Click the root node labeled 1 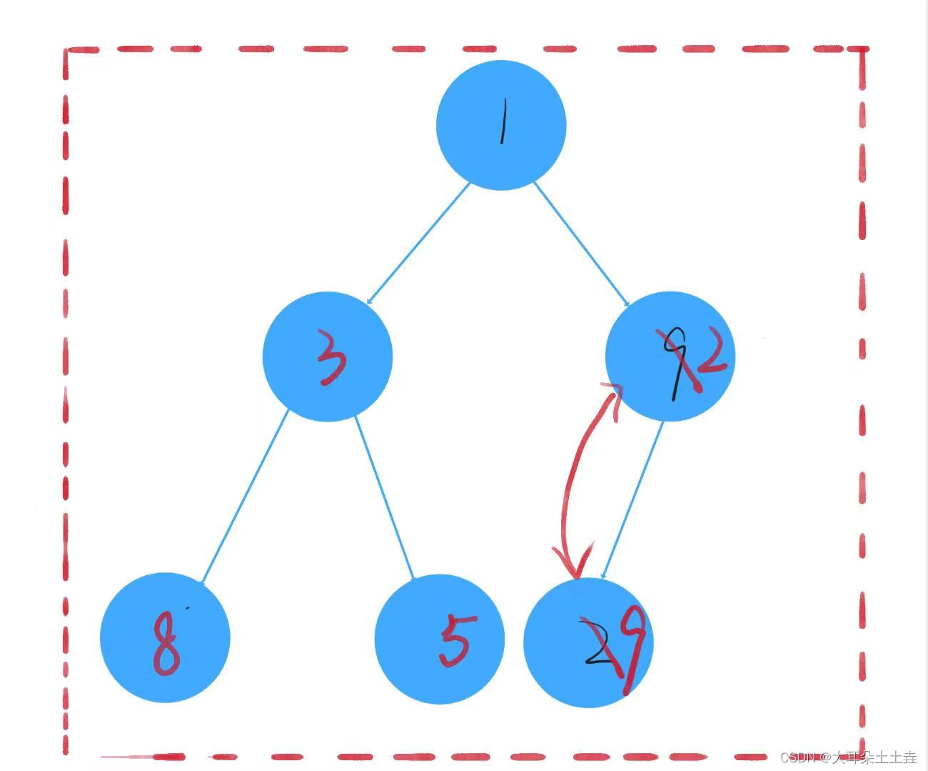[501, 125]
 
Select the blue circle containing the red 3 [328, 356]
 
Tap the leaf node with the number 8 [165, 637]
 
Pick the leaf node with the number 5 [439, 639]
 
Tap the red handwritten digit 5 [455, 641]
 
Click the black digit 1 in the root [503, 121]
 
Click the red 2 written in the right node [711, 354]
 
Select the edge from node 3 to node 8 [245, 497]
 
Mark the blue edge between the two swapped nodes [633, 498]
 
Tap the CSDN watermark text [848, 757]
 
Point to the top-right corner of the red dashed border [862, 50]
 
